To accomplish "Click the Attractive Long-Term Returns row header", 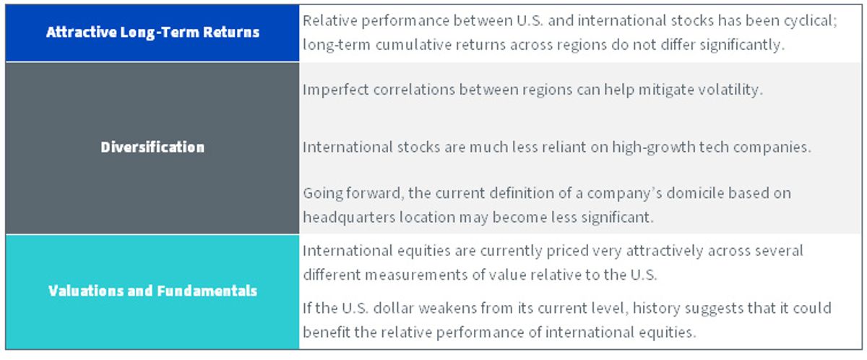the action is click(152, 33).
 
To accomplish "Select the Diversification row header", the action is click(152, 147).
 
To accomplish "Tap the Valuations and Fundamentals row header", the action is click(152, 291).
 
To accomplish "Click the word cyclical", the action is click(811, 21).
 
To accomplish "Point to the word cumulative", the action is click(413, 45).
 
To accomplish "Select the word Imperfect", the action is click(335, 90).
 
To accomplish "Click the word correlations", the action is click(414, 90).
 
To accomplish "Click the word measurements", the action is click(416, 275).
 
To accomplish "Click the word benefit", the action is click(327, 333).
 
